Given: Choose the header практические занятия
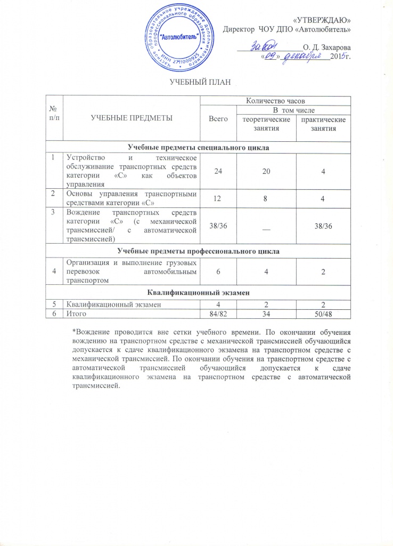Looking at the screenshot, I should [323, 124].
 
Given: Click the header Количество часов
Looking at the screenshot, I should [275, 100].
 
